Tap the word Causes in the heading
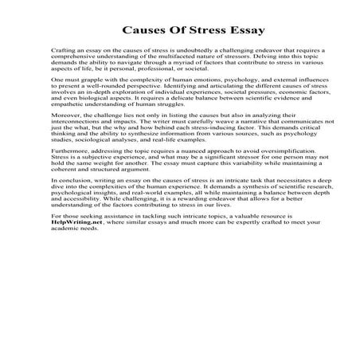point(146,32)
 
